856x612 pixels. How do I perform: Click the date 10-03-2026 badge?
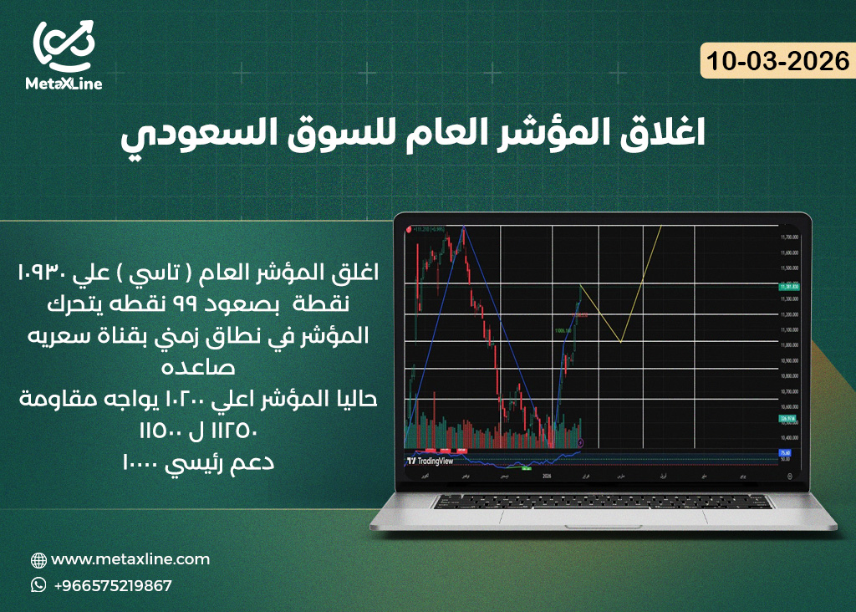(x=777, y=61)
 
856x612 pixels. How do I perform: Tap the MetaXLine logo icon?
(x=64, y=45)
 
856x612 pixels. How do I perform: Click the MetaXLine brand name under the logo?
(x=64, y=84)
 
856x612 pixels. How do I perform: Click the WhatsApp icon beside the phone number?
(x=38, y=585)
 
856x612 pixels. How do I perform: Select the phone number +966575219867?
(x=113, y=585)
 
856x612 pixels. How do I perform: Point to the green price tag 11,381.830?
(x=789, y=287)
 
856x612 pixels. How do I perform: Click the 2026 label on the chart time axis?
(x=547, y=476)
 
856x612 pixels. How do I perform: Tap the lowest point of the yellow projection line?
(x=620, y=342)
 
